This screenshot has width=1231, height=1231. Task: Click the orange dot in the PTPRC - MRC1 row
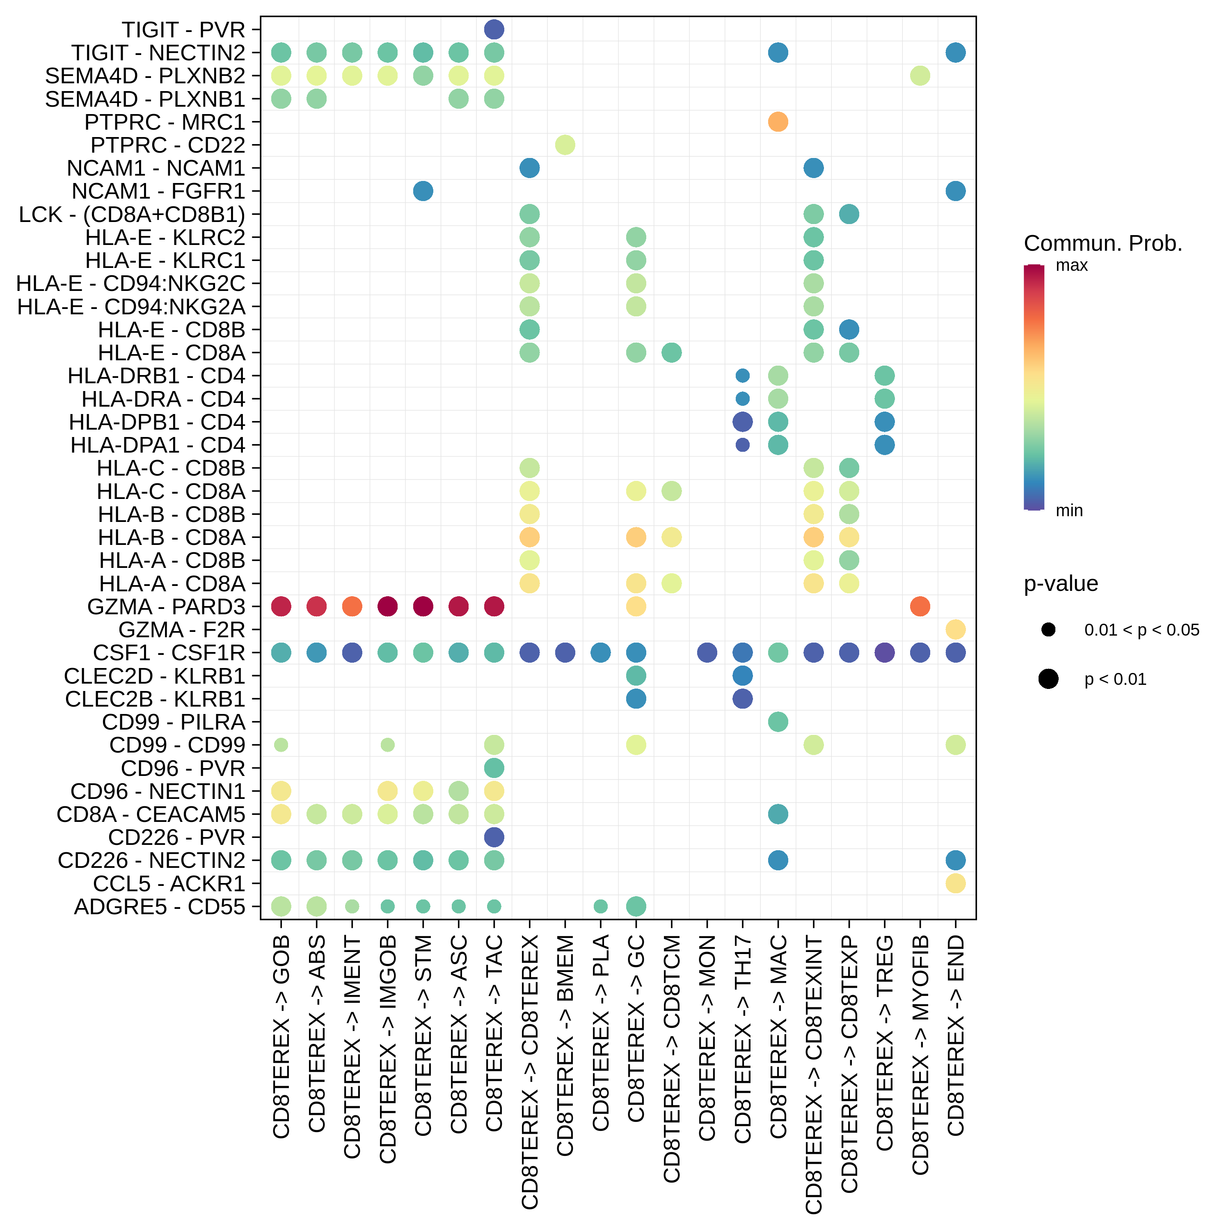(x=777, y=122)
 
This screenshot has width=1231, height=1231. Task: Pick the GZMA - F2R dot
(x=955, y=629)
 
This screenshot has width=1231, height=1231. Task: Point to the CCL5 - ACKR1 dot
(x=955, y=883)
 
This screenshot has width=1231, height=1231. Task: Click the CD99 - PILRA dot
(x=777, y=722)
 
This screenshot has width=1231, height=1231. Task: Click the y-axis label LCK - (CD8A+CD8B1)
(x=132, y=215)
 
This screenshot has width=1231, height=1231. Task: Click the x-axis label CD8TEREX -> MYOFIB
(x=920, y=1055)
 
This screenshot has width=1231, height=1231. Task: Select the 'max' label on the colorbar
(x=1072, y=266)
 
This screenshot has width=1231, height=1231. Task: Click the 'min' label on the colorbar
(x=1069, y=510)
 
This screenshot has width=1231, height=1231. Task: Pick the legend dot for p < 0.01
(x=1048, y=679)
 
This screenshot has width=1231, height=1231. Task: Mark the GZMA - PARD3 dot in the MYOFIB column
(x=920, y=606)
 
